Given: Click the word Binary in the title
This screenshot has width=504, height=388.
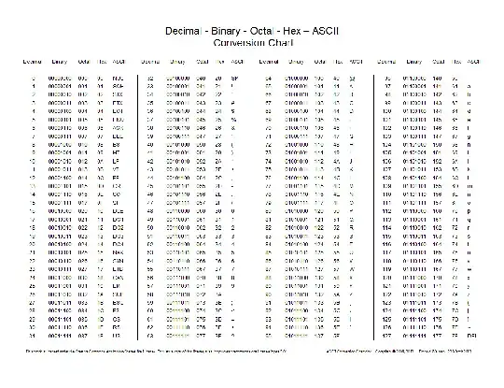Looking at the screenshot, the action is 225,31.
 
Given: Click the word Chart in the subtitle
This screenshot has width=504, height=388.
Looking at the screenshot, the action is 279,43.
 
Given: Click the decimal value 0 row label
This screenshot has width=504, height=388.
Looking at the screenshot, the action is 34,79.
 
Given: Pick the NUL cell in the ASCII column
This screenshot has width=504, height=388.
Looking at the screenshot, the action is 118,79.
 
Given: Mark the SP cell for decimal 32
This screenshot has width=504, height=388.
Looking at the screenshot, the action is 235,79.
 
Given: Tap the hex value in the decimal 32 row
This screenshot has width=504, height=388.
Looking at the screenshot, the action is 217,79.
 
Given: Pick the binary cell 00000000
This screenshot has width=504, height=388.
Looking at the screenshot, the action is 60,79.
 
